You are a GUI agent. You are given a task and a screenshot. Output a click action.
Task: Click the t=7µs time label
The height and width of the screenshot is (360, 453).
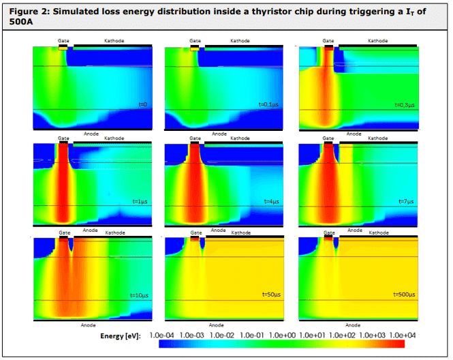pyautogui.click(x=407, y=202)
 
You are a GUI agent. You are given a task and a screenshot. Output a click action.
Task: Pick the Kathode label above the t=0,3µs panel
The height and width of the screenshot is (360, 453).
pyautogui.click(x=377, y=41)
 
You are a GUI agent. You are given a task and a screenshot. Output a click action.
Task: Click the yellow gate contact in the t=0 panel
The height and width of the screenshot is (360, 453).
pyautogui.click(x=63, y=48)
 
